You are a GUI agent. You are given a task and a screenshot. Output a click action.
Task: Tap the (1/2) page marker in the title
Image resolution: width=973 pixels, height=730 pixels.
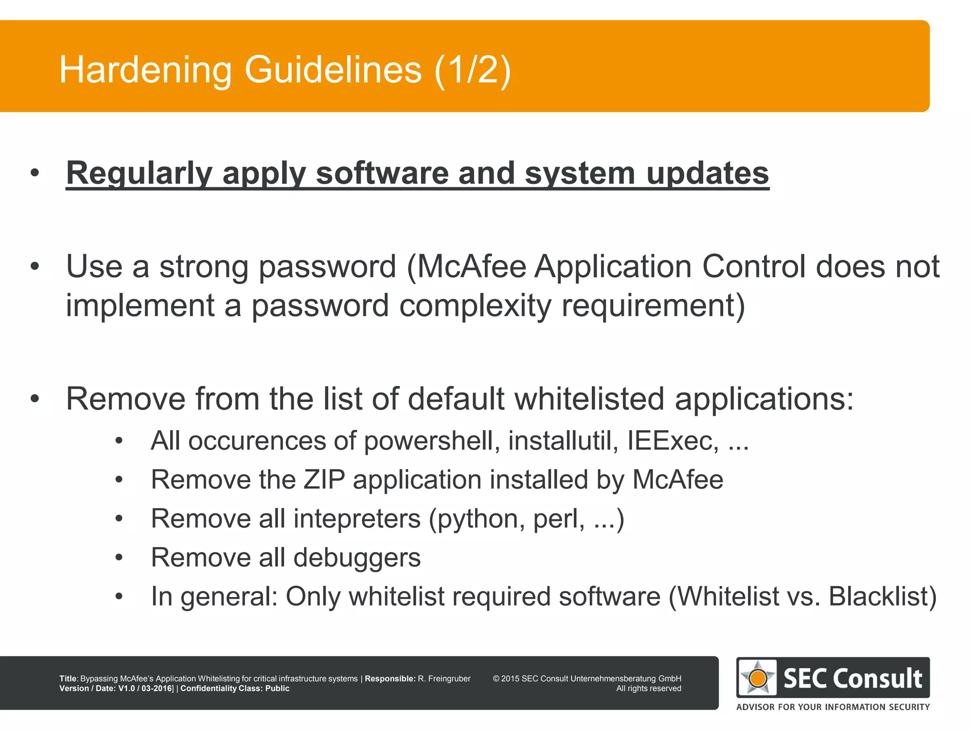tap(473, 70)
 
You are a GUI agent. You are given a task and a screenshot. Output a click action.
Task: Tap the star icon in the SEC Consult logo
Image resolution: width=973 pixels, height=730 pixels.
tap(758, 678)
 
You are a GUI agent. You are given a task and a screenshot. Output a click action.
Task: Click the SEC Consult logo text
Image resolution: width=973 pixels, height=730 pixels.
tap(853, 678)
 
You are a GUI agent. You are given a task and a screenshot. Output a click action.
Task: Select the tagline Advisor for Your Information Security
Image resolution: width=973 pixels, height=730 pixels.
tap(833, 707)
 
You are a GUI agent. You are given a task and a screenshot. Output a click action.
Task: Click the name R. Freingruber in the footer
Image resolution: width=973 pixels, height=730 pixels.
tap(444, 679)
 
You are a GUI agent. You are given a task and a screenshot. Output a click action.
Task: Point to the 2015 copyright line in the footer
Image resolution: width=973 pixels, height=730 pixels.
tap(587, 679)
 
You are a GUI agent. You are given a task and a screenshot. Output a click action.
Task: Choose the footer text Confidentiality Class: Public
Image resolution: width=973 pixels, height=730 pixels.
tap(235, 689)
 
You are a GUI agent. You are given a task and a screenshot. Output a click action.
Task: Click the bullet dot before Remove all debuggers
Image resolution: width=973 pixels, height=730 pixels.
tap(119, 557)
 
